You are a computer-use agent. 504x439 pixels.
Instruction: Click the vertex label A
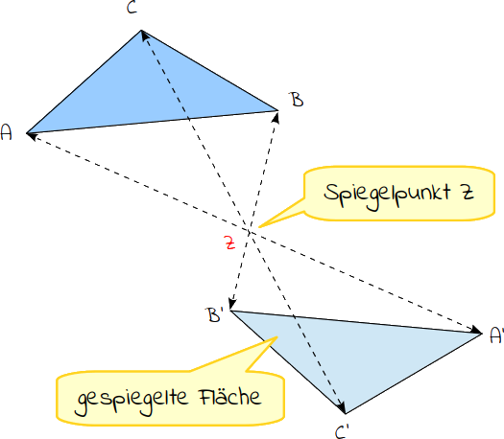[x=6, y=132]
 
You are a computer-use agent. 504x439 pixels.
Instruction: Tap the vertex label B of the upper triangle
[x=298, y=99]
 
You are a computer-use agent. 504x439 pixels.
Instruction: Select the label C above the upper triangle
[x=132, y=7]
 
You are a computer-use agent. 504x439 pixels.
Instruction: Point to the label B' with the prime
[x=214, y=314]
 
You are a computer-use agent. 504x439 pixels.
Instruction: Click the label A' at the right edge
[x=496, y=335]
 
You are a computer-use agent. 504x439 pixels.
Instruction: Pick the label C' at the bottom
[x=342, y=432]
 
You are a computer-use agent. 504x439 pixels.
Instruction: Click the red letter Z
[x=229, y=243]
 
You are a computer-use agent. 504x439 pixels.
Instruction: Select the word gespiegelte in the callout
[x=132, y=401]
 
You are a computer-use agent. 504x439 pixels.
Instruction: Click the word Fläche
[x=230, y=397]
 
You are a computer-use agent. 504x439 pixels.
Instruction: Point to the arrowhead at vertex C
[x=145, y=35]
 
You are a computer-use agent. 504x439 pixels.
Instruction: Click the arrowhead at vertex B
[x=276, y=118]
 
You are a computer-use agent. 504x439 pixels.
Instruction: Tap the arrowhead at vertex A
[x=32, y=136]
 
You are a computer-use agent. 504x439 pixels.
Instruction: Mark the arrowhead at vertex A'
[x=476, y=331]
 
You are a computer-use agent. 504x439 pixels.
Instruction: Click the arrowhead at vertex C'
[x=342, y=407]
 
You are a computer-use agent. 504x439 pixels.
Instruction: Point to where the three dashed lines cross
[x=250, y=231]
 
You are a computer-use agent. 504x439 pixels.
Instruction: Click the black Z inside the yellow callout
[x=468, y=193]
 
